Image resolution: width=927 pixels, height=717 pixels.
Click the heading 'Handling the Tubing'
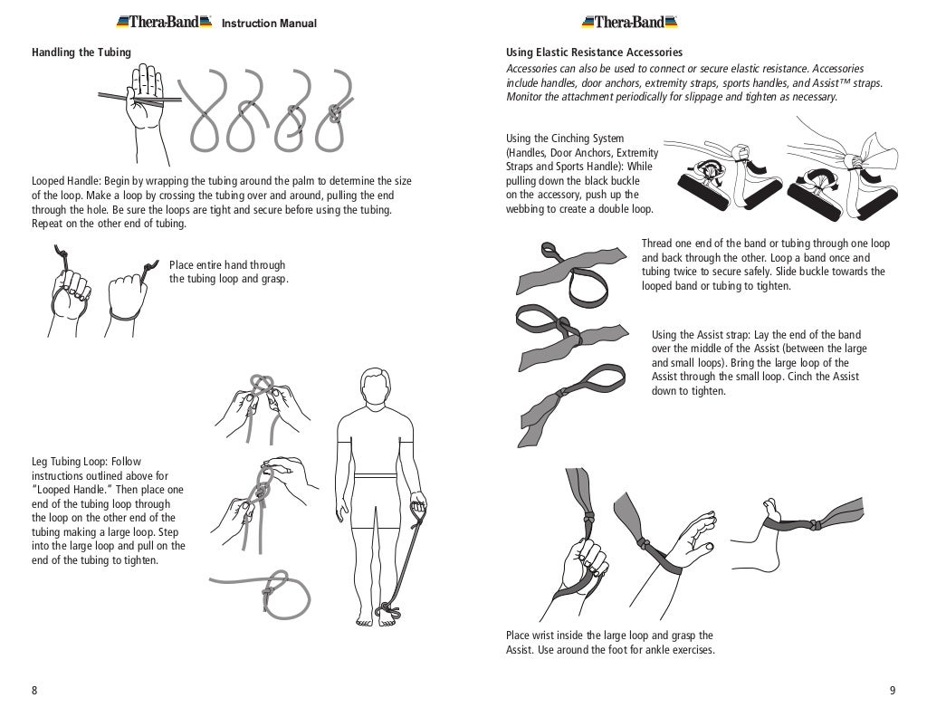(x=81, y=53)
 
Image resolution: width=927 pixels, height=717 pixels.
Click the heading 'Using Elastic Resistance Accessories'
(x=594, y=53)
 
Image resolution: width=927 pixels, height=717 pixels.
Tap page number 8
(x=34, y=691)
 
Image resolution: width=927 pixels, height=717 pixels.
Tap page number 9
(x=892, y=691)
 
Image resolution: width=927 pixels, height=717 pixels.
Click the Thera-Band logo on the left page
(x=164, y=22)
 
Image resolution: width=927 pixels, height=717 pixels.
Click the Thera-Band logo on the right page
(x=630, y=22)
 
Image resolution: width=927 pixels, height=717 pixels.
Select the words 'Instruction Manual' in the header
(x=269, y=24)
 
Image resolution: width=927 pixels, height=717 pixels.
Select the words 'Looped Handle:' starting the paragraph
(x=66, y=181)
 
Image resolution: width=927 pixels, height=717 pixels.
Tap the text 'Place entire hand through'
(x=227, y=265)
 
